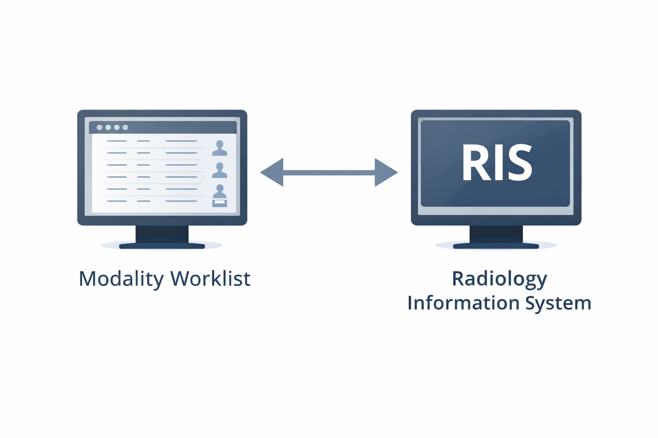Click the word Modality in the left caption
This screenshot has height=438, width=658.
tap(121, 279)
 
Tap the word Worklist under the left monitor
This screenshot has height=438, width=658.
tap(210, 279)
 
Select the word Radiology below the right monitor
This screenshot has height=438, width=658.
tap(499, 279)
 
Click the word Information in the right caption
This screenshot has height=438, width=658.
tap(463, 303)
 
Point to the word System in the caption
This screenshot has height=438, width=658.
tap(558, 303)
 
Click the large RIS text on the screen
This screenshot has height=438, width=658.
tap(496, 163)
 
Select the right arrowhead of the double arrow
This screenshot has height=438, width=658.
tap(385, 172)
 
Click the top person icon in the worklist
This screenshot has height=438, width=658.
tap(220, 148)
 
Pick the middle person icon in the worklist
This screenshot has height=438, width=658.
tap(220, 170)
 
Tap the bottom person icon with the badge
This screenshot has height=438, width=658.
tap(220, 196)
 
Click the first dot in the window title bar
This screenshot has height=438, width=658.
tap(99, 127)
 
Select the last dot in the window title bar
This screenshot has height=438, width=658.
tap(125, 127)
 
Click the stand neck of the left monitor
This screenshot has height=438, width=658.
tap(162, 234)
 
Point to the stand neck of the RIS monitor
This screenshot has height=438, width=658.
tap(496, 234)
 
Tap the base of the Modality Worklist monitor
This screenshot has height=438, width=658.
tap(162, 246)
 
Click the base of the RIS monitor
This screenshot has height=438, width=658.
tap(496, 246)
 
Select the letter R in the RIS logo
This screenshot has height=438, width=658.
tap(473, 163)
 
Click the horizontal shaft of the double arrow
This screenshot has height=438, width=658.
tap(329, 172)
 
